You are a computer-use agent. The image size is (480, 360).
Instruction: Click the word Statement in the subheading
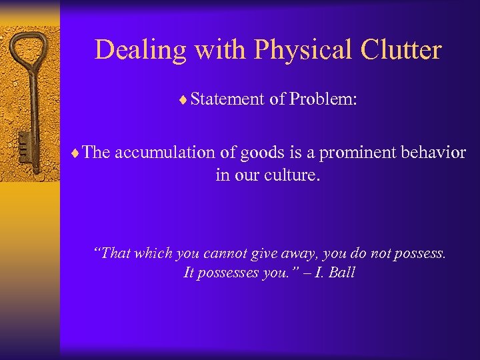[227, 99]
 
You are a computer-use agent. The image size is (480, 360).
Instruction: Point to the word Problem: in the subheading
[323, 99]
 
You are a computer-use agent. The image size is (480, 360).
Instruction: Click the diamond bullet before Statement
[185, 101]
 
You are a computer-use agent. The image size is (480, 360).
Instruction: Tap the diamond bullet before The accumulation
[79, 153]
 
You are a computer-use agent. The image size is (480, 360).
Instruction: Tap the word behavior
[433, 153]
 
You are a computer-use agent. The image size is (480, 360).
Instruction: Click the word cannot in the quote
[227, 253]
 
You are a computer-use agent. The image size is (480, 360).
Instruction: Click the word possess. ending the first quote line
[421, 254]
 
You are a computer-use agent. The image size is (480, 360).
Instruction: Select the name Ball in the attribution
[341, 272]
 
